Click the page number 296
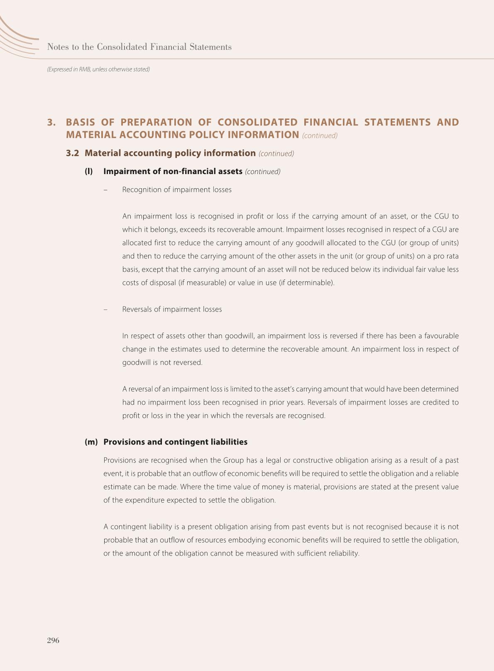click(53, 640)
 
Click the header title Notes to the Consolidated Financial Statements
click(139, 47)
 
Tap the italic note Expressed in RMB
click(98, 69)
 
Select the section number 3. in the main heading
click(51, 122)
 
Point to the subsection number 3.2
click(72, 153)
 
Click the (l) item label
click(88, 171)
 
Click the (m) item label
click(91, 442)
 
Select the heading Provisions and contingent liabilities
click(175, 442)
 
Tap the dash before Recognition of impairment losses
click(105, 190)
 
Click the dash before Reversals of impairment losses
click(105, 310)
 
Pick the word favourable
click(441, 336)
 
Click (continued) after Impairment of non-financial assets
click(263, 172)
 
